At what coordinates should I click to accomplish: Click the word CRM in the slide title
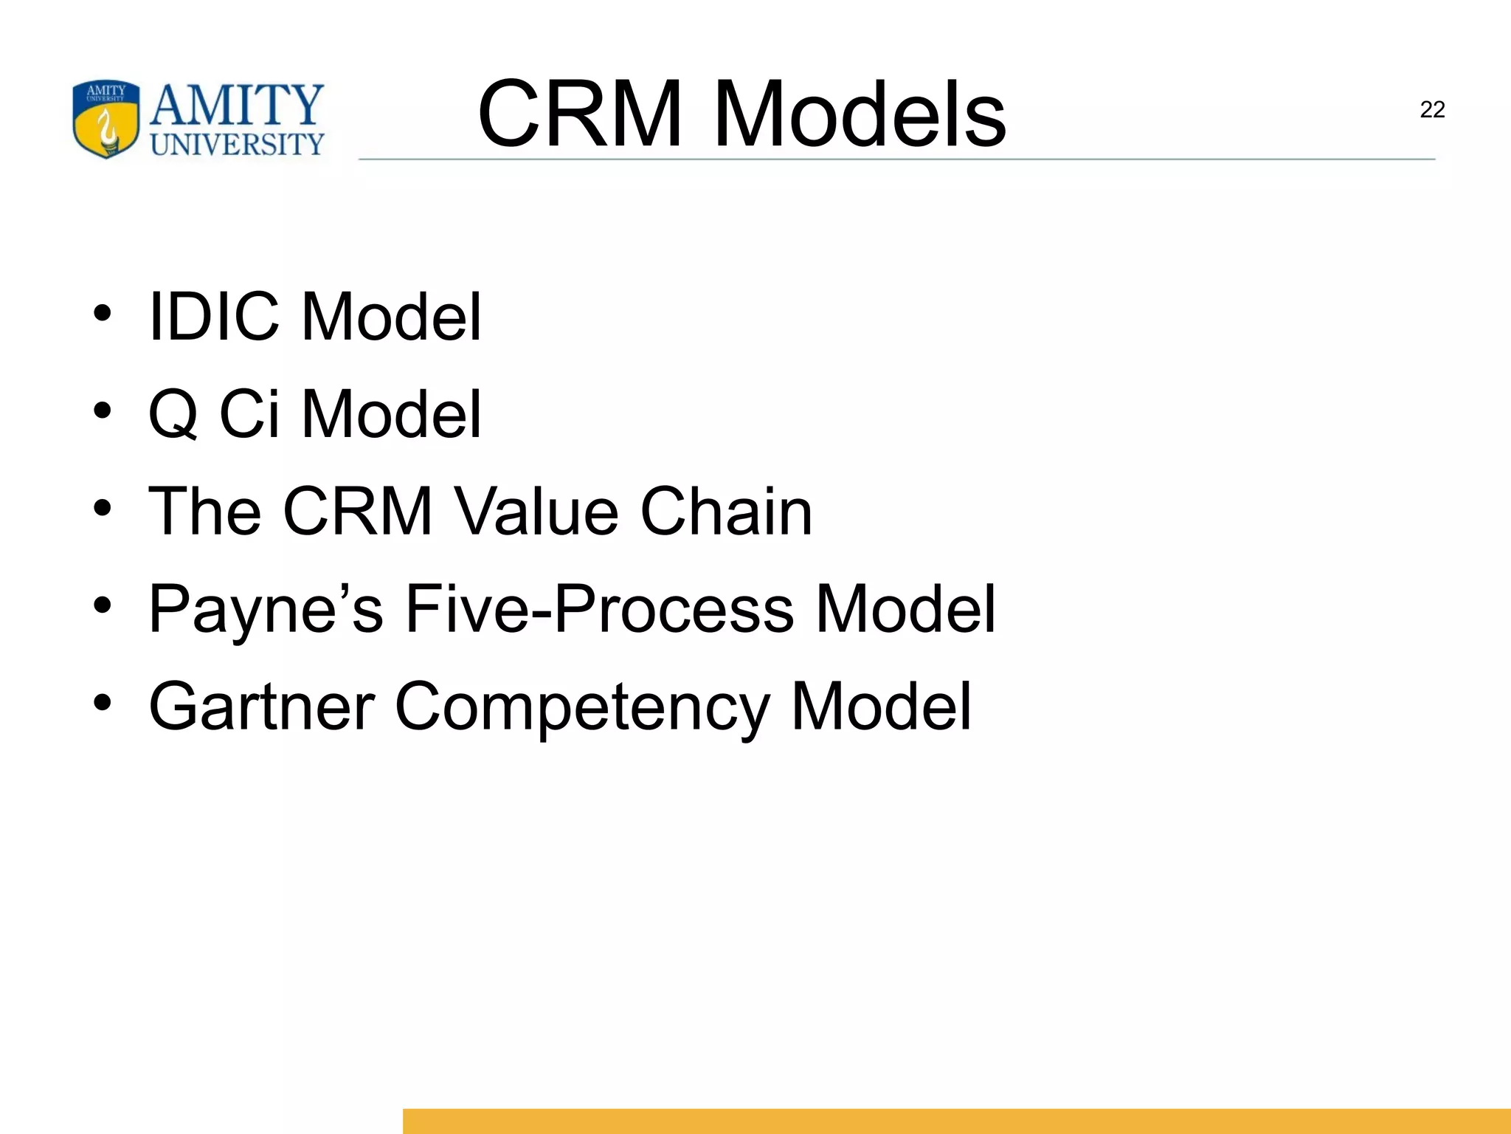(580, 114)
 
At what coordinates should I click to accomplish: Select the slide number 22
(1432, 110)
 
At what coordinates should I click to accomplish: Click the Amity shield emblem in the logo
(106, 119)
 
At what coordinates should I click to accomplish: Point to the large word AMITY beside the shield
(237, 105)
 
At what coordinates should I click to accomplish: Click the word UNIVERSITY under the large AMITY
(237, 145)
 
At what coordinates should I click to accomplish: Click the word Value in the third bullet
(536, 511)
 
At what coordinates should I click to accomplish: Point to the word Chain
(726, 511)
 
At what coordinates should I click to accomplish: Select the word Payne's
(266, 610)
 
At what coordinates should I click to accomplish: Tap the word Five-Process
(599, 608)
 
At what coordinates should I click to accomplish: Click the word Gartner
(262, 707)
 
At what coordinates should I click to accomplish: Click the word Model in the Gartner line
(881, 707)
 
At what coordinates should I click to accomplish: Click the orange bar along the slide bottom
(956, 1121)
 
